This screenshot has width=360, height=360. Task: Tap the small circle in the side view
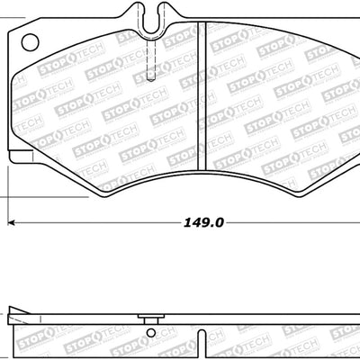click(x=146, y=329)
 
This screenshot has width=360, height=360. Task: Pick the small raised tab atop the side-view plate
click(x=145, y=319)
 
